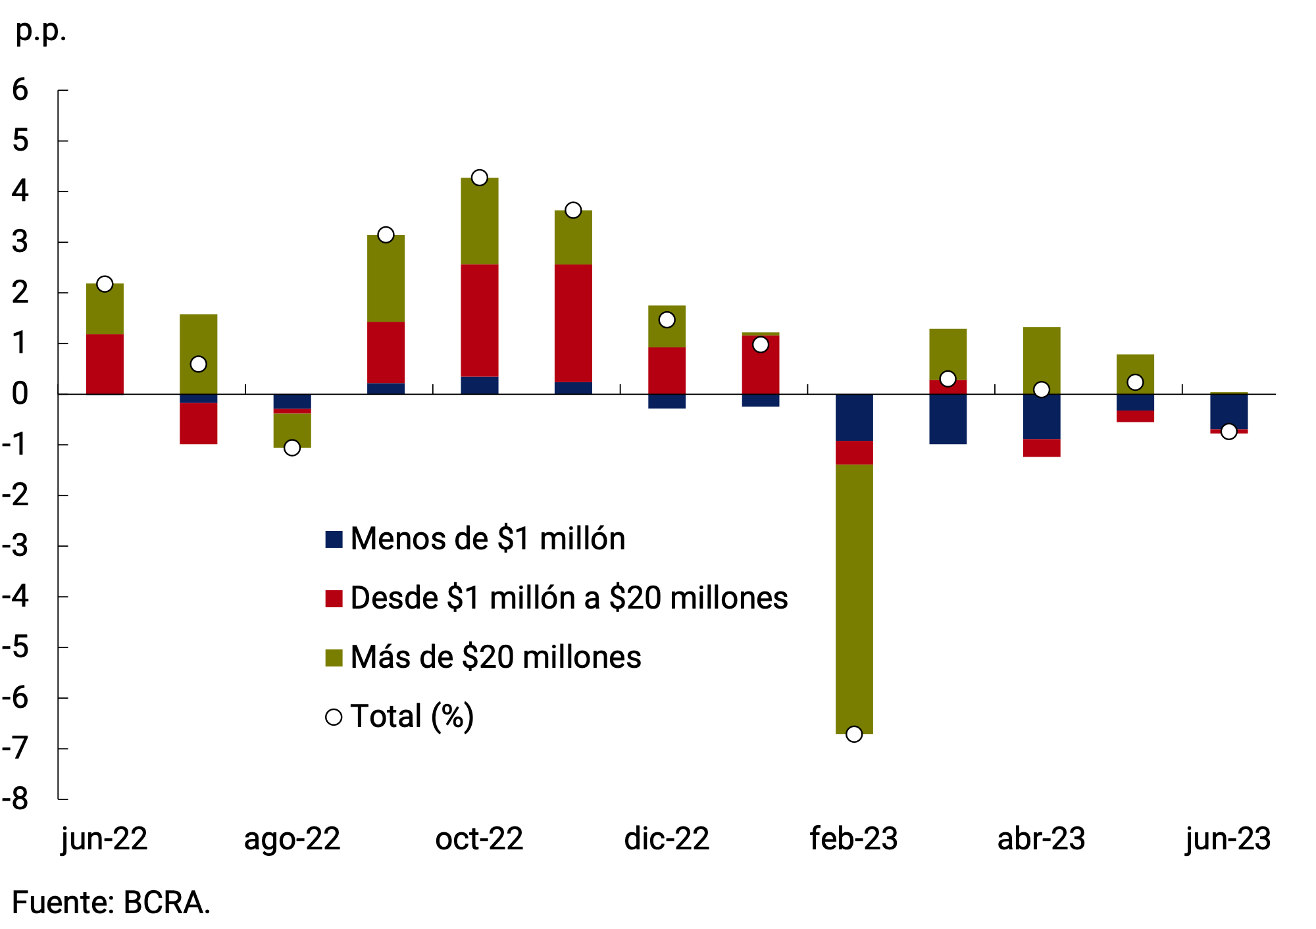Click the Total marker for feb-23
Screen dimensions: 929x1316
[x=854, y=734]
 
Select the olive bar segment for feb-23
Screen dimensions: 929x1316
[x=854, y=599]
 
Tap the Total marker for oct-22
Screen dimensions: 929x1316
[x=480, y=178]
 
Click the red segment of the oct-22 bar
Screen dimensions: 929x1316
[x=480, y=320]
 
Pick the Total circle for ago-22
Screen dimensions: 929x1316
[x=292, y=447]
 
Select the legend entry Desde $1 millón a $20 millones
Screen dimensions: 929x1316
[x=556, y=598]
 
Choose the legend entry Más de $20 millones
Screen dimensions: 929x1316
[x=483, y=657]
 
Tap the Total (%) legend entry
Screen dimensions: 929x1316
[x=400, y=716]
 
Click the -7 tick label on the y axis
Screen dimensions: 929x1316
[x=16, y=748]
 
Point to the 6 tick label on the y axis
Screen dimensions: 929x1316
[x=20, y=90]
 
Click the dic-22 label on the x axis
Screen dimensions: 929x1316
[x=667, y=839]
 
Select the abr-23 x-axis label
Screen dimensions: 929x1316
[x=1041, y=839]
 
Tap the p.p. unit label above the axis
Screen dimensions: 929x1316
[x=41, y=30]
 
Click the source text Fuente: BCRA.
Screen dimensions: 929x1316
[x=111, y=903]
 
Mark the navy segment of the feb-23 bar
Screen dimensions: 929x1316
[x=854, y=417]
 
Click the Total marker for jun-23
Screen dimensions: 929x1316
[x=1228, y=432]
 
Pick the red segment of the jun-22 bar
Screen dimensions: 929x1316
[x=105, y=364]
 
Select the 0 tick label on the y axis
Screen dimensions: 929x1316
[x=20, y=394]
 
